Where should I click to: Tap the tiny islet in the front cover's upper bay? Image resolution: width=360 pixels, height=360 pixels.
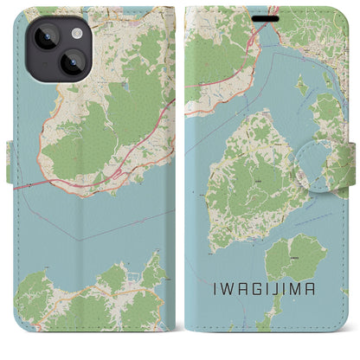point(301,84)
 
